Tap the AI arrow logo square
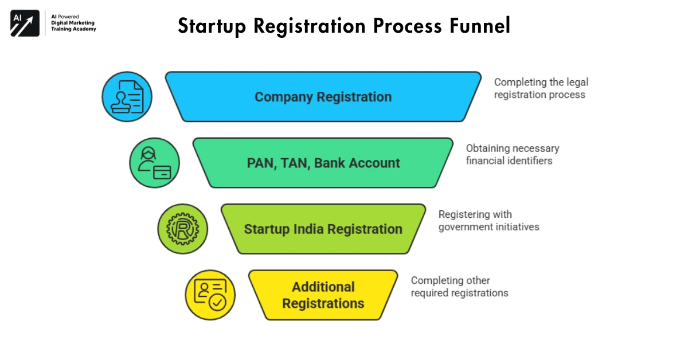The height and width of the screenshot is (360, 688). pos(25,24)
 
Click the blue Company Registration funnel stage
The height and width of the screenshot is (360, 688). pos(323,97)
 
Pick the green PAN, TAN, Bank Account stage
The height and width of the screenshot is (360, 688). pos(323,163)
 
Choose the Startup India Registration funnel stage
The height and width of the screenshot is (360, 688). pos(323,229)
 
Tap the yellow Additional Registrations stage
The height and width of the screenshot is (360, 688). pos(323,295)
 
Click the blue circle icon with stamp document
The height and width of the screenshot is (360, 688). pos(127,97)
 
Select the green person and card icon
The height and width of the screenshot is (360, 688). pos(154,163)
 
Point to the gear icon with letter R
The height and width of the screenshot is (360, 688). pos(182,229)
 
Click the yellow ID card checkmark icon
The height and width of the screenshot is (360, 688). pos(210,295)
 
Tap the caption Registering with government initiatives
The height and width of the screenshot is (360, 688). pos(488,221)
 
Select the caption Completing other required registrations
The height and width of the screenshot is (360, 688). pos(459,287)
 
